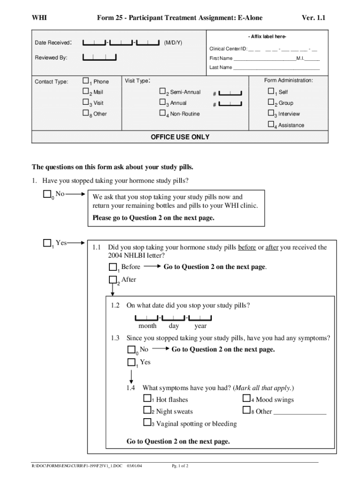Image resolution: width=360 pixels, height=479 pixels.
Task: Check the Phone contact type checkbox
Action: [86, 80]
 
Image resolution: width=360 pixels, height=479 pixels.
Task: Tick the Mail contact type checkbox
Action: [86, 92]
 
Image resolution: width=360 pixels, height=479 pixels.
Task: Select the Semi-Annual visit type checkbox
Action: [163, 92]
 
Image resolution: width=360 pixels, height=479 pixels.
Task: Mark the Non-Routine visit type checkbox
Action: [163, 113]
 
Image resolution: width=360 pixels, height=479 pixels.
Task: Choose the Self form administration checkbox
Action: [271, 91]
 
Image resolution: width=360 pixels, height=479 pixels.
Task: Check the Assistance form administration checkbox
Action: [271, 124]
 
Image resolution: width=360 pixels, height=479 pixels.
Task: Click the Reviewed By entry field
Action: [100, 58]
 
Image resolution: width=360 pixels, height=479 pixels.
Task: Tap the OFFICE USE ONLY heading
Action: [180, 137]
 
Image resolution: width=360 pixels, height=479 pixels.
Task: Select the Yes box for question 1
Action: [47, 243]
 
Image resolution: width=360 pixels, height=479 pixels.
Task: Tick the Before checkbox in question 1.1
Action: [113, 267]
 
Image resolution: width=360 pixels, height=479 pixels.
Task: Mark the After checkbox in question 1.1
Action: [113, 280]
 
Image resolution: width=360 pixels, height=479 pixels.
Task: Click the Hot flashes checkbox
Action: [147, 399]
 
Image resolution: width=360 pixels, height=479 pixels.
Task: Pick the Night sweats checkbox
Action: [147, 411]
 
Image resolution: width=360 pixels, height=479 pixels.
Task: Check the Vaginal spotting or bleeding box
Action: [147, 423]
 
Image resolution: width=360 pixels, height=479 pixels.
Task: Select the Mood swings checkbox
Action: [247, 399]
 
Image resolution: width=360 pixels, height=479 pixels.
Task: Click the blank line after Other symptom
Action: [300, 413]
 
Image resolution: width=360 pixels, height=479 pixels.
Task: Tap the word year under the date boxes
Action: [201, 326]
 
